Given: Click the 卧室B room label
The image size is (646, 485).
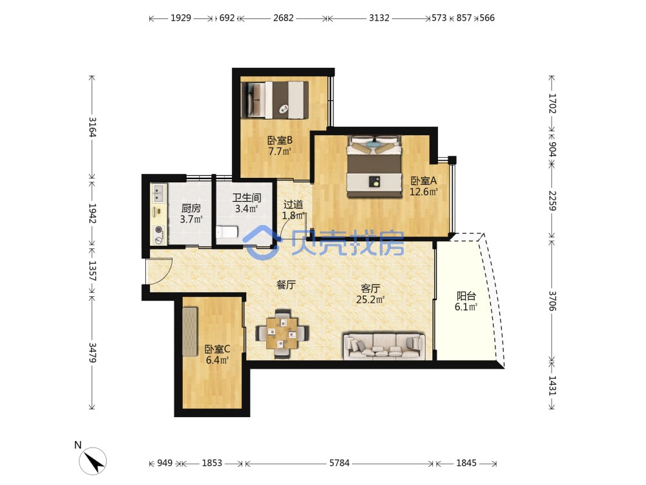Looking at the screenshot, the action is pos(280,140).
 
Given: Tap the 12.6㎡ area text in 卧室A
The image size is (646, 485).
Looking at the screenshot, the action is pos(423,192).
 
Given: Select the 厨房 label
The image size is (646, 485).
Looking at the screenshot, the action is pos(191,208).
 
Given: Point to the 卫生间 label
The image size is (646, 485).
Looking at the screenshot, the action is pos(246,197).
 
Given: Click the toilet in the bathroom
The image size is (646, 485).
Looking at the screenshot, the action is pos(227,232).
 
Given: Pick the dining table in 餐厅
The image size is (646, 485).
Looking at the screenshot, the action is pos(282,332).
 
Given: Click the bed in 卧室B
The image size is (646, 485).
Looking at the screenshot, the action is pos(275,100).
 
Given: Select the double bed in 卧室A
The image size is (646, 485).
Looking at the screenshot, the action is pos(374,166).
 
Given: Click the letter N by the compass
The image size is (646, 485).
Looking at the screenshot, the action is pos(78,445).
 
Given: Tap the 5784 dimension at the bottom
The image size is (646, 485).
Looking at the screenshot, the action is pos(339,463).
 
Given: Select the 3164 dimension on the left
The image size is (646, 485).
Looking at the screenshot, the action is pos(92,127).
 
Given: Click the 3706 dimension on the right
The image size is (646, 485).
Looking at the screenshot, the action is pos(552,301).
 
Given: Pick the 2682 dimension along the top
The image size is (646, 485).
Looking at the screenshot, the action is pos(284,17).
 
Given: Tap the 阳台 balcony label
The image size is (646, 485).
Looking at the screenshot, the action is pos(466,296).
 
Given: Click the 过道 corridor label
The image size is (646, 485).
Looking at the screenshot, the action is pos(293,204).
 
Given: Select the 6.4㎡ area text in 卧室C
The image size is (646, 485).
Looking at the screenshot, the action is pos(217,360).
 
